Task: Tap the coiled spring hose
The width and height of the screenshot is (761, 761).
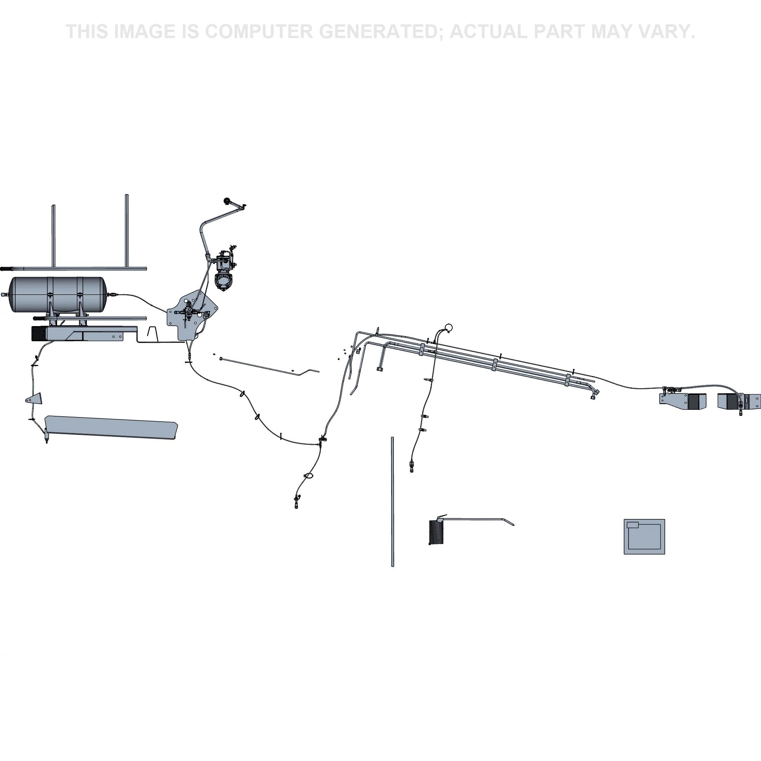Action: [x=435, y=532]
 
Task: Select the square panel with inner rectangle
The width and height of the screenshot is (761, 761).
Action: [x=644, y=537]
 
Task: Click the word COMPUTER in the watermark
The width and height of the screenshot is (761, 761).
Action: [x=259, y=32]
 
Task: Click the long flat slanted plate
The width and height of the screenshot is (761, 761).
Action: [x=111, y=427]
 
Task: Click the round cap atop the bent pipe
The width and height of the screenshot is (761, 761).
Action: [x=227, y=201]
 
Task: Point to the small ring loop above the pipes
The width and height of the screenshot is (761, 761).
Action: [x=448, y=327]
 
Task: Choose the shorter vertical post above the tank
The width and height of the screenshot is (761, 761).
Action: [x=54, y=236]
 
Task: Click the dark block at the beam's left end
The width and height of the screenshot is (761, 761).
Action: [x=39, y=334]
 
